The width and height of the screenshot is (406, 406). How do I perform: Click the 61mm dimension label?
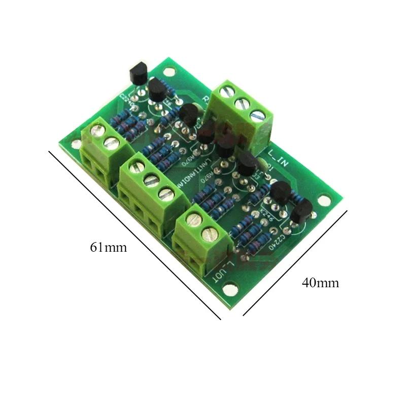click(x=108, y=248)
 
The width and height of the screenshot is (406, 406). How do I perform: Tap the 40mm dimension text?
click(x=320, y=283)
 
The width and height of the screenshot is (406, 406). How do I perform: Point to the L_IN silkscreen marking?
click(x=280, y=155)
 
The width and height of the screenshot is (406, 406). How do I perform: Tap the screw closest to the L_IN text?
click(x=257, y=115)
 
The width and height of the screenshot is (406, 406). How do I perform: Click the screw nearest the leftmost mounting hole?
click(x=95, y=132)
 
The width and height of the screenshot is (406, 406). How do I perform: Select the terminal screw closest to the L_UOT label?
click(x=210, y=233)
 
